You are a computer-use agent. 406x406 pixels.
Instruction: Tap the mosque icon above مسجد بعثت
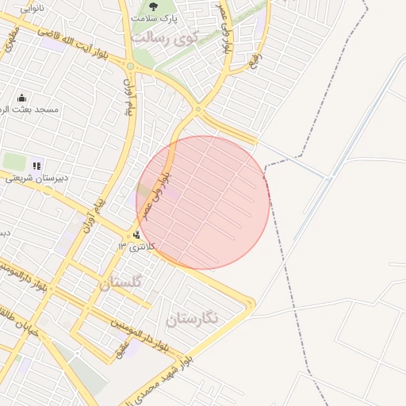pyautogui.click(x=21, y=98)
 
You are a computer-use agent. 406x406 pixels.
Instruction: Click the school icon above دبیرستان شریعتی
pyautogui.click(x=36, y=166)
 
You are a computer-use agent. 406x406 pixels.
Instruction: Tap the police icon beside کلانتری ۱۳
pyautogui.click(x=138, y=235)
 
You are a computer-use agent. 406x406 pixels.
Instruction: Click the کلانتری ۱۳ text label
pyautogui.click(x=133, y=247)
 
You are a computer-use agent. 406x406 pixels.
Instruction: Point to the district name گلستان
pyautogui.click(x=121, y=282)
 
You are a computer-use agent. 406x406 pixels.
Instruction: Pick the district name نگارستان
pyautogui.click(x=197, y=319)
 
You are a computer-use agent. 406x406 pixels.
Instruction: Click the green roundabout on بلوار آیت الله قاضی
pyautogui.click(x=129, y=66)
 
